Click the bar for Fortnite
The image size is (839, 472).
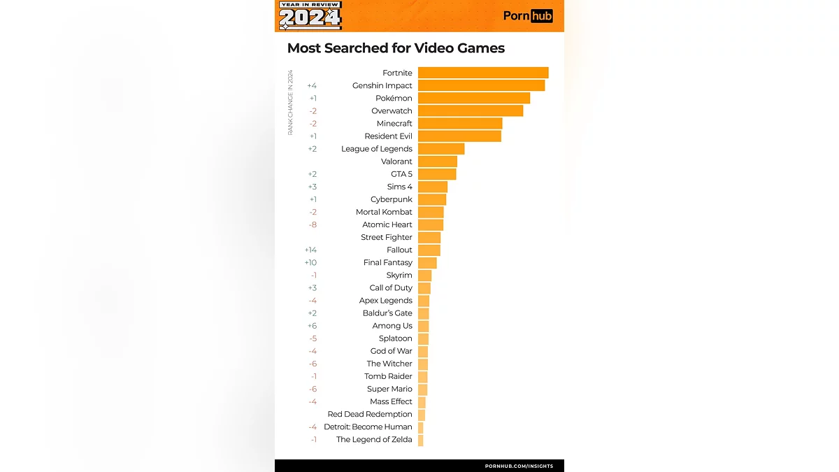pyautogui.click(x=483, y=73)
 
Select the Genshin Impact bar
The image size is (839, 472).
pyautogui.click(x=481, y=85)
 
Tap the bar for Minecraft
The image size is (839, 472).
pyautogui.click(x=460, y=124)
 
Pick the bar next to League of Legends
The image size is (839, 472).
pyautogui.click(x=441, y=149)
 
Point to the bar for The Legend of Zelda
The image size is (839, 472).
pyautogui.click(x=421, y=440)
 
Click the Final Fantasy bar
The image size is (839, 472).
pyautogui.click(x=427, y=263)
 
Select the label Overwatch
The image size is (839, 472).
pyautogui.click(x=392, y=111)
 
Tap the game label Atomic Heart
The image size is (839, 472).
pyautogui.click(x=387, y=224)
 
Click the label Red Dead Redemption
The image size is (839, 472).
pyautogui.click(x=370, y=414)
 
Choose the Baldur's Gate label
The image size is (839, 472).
pyautogui.click(x=386, y=313)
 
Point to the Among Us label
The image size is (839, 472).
pyautogui.click(x=392, y=326)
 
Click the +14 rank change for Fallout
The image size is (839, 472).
pyautogui.click(x=310, y=250)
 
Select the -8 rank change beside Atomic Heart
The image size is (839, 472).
pyautogui.click(x=312, y=224)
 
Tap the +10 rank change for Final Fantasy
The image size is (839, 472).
pyautogui.click(x=310, y=263)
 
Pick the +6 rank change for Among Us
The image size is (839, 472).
pyautogui.click(x=312, y=326)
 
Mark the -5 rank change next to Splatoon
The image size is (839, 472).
pyautogui.click(x=313, y=338)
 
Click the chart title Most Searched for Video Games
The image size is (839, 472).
pyautogui.click(x=396, y=48)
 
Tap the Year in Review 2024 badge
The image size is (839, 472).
pyautogui.click(x=310, y=15)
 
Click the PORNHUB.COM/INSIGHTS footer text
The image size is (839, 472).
pyautogui.click(x=519, y=466)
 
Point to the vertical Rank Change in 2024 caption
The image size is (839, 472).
pyautogui.click(x=290, y=102)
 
